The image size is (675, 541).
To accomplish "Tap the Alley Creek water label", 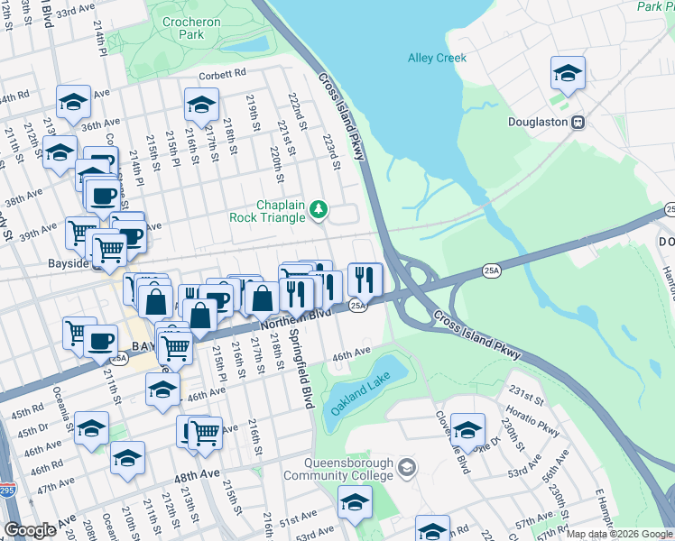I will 437,58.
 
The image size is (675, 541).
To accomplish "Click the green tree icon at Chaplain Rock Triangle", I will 318,210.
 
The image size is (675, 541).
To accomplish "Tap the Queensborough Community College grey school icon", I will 408,466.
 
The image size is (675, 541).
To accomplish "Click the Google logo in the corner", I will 30,530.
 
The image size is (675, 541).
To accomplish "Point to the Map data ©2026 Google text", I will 620,534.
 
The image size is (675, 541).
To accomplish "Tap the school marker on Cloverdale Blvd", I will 467,430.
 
